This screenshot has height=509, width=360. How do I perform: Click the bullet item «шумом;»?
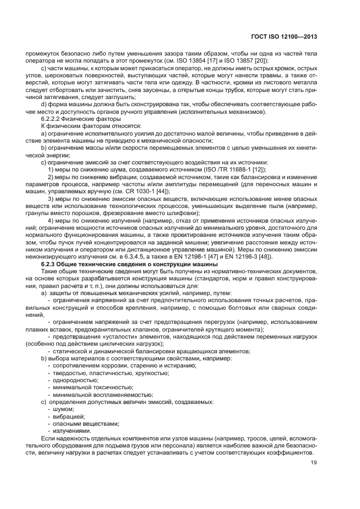(x=64, y=408)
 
